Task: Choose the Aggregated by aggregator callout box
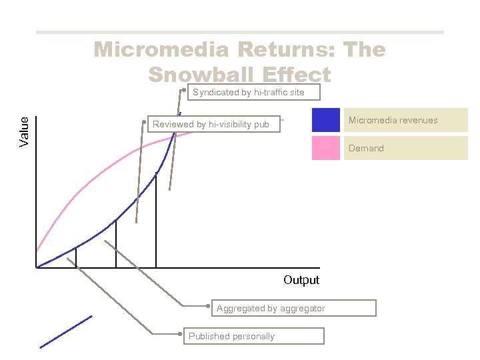tap(293, 308)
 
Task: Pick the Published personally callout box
tap(254, 336)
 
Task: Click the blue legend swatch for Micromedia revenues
tap(326, 120)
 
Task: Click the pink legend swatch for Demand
tap(326, 148)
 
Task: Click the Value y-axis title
tap(25, 131)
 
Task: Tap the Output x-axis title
tap(301, 280)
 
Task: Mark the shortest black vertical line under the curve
tap(76, 257)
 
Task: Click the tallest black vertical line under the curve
tap(156, 220)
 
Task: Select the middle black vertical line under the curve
tap(116, 244)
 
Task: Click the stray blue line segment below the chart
tap(65, 331)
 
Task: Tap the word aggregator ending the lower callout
tap(303, 308)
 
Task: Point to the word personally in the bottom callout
tap(252, 336)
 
